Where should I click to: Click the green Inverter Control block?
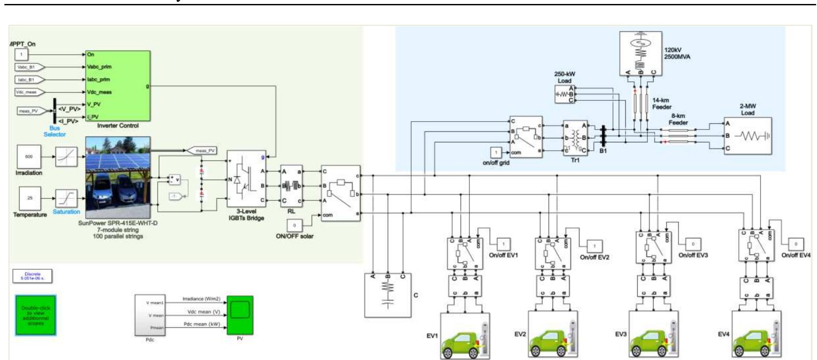point(118,85)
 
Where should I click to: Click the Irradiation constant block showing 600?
point(29,156)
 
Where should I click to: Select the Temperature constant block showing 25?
point(30,198)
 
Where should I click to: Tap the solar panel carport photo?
point(118,178)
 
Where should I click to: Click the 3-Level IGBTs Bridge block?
point(246,178)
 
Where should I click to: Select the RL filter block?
point(291,186)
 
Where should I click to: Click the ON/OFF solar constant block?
point(294,225)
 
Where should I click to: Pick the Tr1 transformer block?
point(575,137)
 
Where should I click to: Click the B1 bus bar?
point(603,137)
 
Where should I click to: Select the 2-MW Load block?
point(747,136)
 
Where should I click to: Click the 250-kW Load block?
point(564,94)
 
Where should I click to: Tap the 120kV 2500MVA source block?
point(640,53)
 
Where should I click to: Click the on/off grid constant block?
point(496,152)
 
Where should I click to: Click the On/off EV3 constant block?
point(693,244)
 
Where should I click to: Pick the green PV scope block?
point(240,315)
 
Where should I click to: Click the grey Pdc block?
point(150,315)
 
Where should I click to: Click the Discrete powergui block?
point(32,276)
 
